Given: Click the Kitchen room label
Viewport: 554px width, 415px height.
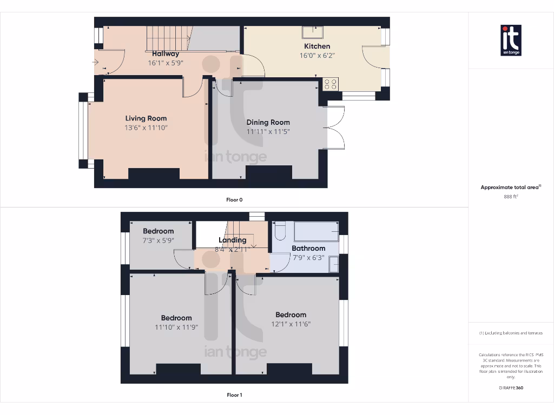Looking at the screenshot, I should (x=316, y=46).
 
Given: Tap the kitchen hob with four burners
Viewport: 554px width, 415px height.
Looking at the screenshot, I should (x=330, y=84).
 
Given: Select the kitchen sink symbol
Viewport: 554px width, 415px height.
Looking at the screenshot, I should (x=312, y=32).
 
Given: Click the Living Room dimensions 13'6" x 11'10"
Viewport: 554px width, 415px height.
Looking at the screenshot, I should (x=146, y=128).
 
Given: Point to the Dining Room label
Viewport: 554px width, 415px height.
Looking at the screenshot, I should (x=268, y=123).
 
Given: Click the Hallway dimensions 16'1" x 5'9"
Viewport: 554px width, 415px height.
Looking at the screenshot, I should (x=166, y=63).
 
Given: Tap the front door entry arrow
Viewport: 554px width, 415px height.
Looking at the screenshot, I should (x=96, y=63).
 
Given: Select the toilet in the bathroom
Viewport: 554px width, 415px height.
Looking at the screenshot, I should (x=280, y=231).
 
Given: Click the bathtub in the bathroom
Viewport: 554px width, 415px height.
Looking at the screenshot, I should (x=316, y=231).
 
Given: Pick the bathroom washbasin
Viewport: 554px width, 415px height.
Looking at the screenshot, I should (x=334, y=264).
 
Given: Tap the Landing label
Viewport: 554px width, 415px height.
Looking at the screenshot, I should (x=232, y=240).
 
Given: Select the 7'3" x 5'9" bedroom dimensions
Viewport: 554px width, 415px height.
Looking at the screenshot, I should (x=159, y=240).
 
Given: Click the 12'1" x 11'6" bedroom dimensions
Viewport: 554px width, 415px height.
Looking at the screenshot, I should (x=291, y=324).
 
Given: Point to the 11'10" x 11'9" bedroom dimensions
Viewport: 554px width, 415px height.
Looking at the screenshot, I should (x=176, y=327).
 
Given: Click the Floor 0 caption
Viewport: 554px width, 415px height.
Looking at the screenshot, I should (x=234, y=200).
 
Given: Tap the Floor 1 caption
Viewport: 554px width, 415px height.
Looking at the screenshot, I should (x=234, y=395).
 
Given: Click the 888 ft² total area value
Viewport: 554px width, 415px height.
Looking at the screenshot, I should (x=511, y=197).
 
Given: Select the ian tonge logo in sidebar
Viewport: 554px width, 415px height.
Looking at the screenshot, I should (x=511, y=41).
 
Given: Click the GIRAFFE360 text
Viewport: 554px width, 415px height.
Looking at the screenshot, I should (x=511, y=387).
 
